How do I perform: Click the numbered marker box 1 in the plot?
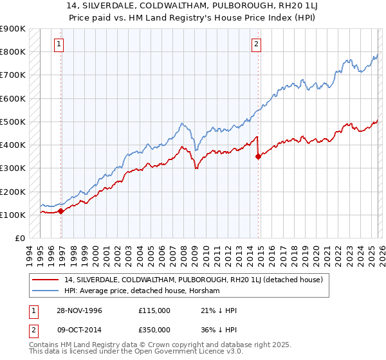point(59,44)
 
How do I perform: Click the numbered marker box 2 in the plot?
point(256,44)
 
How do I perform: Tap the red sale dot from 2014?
point(258,156)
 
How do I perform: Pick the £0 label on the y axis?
point(19,238)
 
